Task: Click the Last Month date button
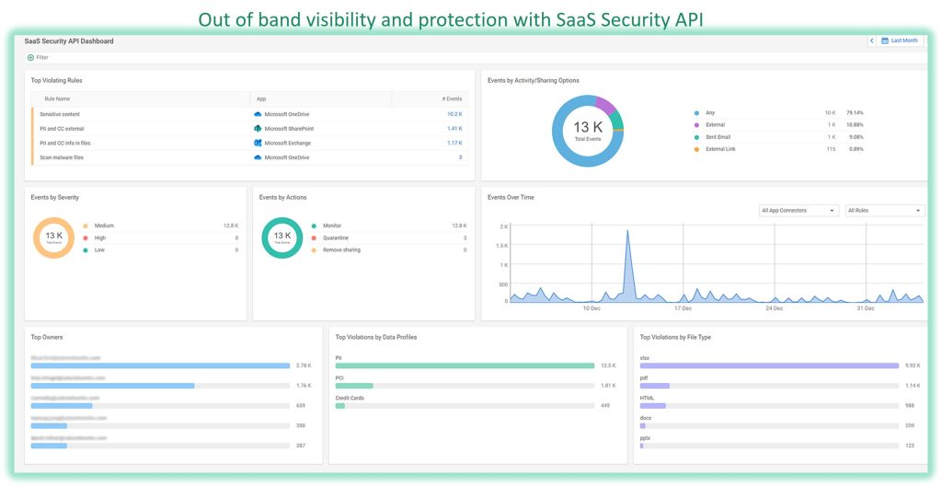pyautogui.click(x=899, y=41)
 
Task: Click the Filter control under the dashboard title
pyautogui.click(x=38, y=57)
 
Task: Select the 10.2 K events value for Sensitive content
pyautogui.click(x=454, y=114)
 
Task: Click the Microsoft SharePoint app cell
pyautogui.click(x=288, y=129)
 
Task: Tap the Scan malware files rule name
pyautogui.click(x=62, y=157)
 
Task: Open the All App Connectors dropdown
pyautogui.click(x=798, y=211)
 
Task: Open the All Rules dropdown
pyautogui.click(x=883, y=211)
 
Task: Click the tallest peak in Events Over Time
pyautogui.click(x=627, y=232)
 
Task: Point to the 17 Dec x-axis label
pyautogui.click(x=683, y=308)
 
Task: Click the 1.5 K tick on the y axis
pyautogui.click(x=502, y=246)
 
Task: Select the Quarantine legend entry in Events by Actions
pyautogui.click(x=335, y=238)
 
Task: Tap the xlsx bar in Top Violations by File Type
pyautogui.click(x=769, y=365)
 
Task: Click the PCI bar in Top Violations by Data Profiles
pyautogui.click(x=354, y=386)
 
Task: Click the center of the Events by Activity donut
pyautogui.click(x=587, y=131)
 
